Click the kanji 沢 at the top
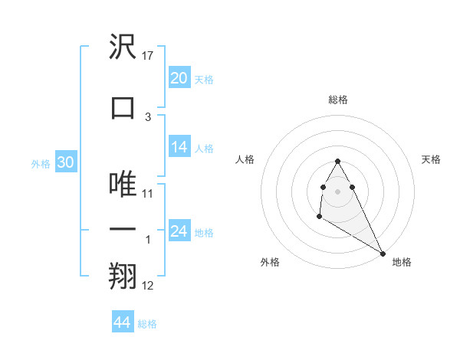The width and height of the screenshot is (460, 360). tap(123, 47)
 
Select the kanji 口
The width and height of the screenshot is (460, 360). tap(123, 107)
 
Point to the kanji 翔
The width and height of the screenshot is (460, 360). tap(123, 277)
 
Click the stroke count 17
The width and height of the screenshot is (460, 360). tap(149, 56)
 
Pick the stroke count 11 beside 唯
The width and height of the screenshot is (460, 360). tap(149, 193)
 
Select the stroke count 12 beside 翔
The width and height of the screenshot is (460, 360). tap(149, 286)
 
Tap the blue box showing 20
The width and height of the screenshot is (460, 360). tap(179, 78)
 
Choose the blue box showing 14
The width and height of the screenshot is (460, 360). tap(179, 147)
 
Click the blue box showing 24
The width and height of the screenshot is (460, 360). tap(179, 231)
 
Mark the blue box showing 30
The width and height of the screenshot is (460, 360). tap(65, 162)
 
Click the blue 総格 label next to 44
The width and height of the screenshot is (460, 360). tap(148, 324)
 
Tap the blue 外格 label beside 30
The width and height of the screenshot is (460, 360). tap(41, 163)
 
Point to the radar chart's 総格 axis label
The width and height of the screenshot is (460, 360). tap(337, 100)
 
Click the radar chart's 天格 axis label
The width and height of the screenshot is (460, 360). tap(431, 159)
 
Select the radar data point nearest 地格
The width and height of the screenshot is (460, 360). tap(383, 254)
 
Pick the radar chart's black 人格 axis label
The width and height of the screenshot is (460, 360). tap(245, 159)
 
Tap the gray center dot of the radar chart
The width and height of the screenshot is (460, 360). tap(337, 191)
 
